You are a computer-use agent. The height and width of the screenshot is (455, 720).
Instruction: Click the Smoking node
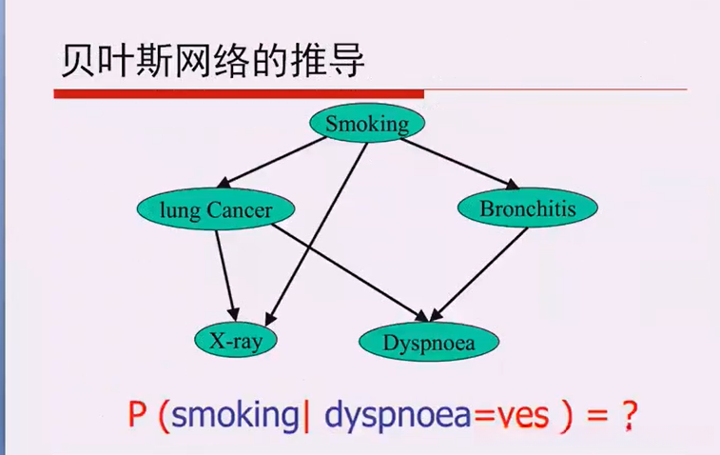(x=366, y=123)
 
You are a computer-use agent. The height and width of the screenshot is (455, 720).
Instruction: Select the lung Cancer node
(x=217, y=209)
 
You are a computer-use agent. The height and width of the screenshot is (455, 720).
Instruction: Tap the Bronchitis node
(x=528, y=208)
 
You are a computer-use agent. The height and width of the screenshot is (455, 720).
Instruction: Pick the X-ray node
(x=235, y=340)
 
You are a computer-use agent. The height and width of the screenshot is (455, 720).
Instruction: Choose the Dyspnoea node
(x=429, y=341)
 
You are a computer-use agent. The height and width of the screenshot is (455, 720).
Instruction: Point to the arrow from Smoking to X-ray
(x=319, y=228)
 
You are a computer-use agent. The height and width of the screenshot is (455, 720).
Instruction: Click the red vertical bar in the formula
(x=307, y=416)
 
